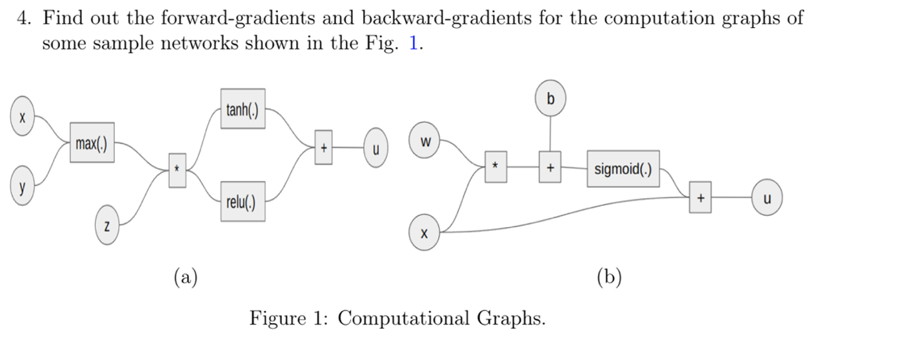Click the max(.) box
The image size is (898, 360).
pyautogui.click(x=92, y=143)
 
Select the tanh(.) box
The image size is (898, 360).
pyautogui.click(x=243, y=108)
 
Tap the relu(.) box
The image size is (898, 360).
pyautogui.click(x=243, y=201)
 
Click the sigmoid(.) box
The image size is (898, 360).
pyautogui.click(x=623, y=169)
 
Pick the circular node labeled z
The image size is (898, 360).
pyautogui.click(x=107, y=226)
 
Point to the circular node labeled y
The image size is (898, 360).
pyautogui.click(x=22, y=186)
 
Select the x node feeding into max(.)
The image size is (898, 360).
pyautogui.click(x=22, y=119)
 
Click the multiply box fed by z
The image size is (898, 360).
pyautogui.click(x=177, y=170)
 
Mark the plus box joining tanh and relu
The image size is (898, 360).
pyautogui.click(x=324, y=147)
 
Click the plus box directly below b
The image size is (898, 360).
pyautogui.click(x=550, y=168)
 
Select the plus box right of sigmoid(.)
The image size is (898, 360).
pyautogui.click(x=700, y=198)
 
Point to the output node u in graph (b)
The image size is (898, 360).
pyautogui.click(x=766, y=199)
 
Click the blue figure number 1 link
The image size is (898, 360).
pyautogui.click(x=414, y=44)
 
